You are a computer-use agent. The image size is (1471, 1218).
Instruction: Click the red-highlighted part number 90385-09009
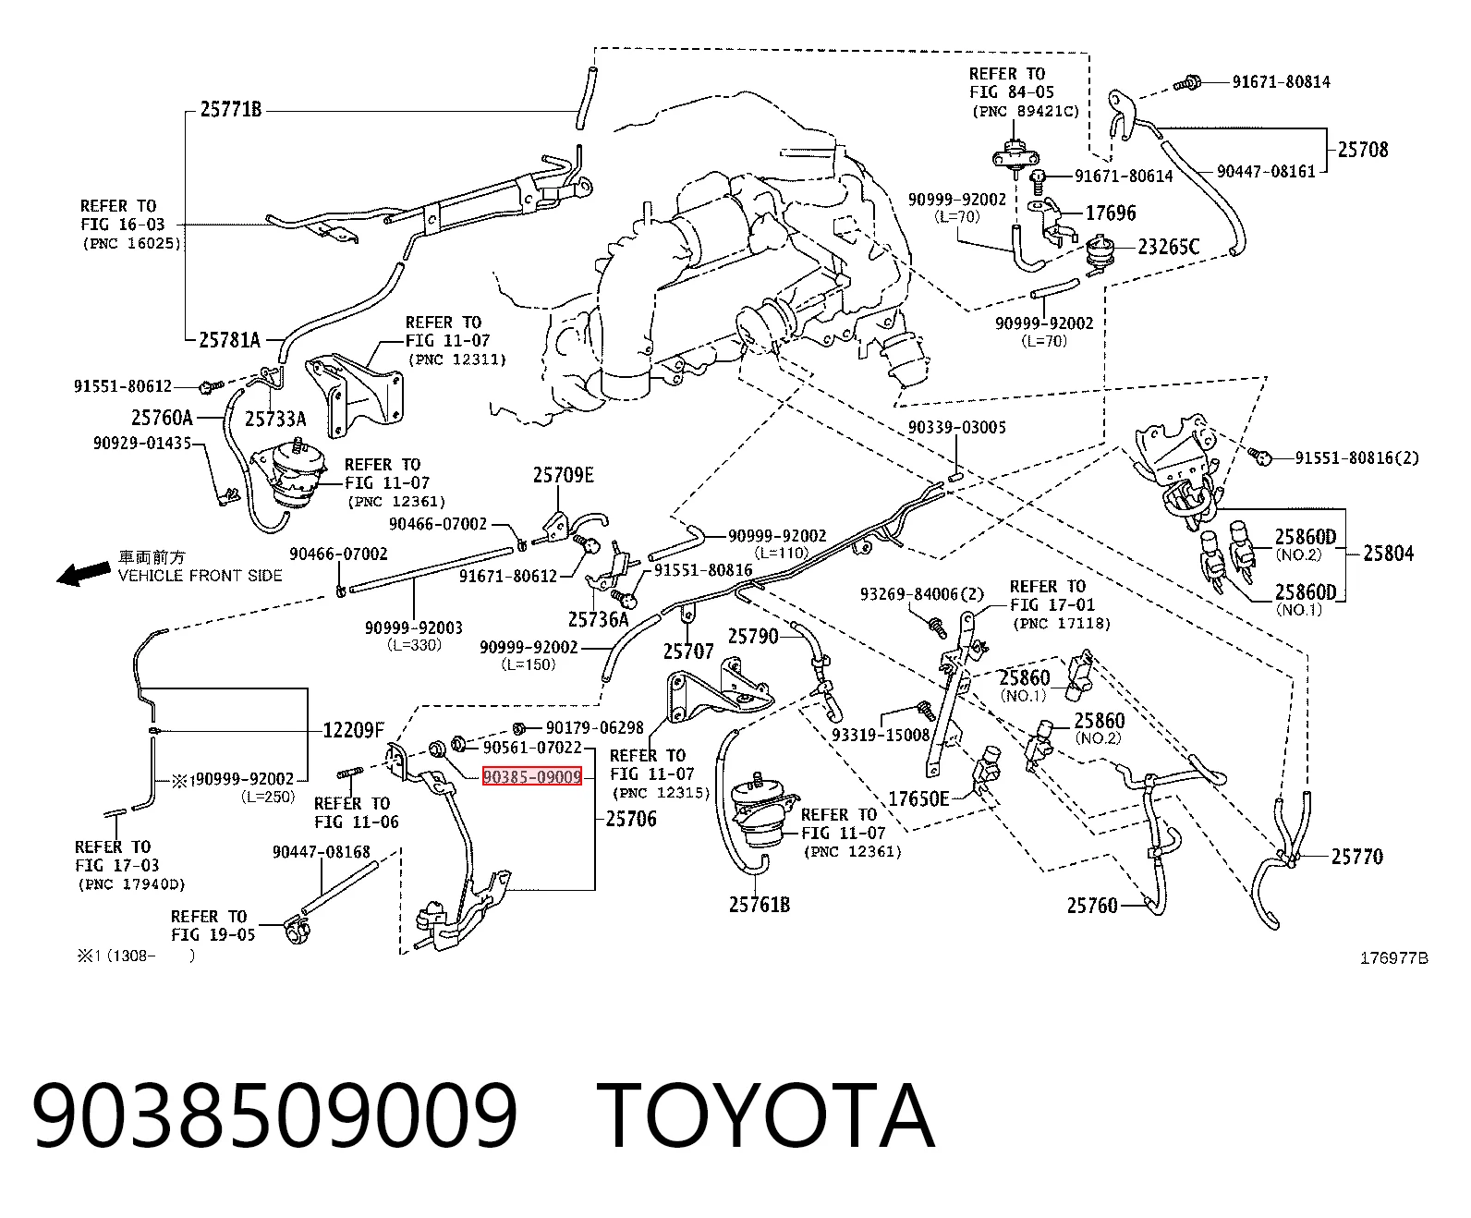tap(532, 776)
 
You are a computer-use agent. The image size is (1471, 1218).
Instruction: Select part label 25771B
tap(231, 109)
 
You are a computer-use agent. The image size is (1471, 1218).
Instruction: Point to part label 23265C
tap(1168, 247)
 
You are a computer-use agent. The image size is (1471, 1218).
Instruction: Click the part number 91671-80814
tap(1281, 81)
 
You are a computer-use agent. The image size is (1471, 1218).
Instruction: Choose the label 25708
tap(1363, 150)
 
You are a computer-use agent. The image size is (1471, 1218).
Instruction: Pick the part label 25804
tap(1388, 554)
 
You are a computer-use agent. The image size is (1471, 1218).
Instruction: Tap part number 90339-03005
tap(956, 427)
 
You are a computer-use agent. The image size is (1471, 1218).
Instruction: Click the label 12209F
tap(354, 730)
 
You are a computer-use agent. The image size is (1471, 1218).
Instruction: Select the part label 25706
tap(630, 819)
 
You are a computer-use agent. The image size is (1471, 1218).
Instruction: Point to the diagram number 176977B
tap(1393, 957)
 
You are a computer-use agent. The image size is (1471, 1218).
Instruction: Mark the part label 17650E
tap(918, 798)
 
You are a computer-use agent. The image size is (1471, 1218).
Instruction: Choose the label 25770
tap(1356, 857)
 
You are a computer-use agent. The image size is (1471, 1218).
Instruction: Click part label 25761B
tap(760, 905)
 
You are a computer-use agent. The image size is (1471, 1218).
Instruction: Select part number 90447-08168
tap(322, 851)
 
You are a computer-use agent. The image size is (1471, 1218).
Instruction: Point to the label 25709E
tap(563, 475)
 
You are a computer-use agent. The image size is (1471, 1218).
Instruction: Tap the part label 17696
tap(1111, 213)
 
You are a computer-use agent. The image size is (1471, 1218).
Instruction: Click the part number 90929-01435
tap(142, 443)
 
